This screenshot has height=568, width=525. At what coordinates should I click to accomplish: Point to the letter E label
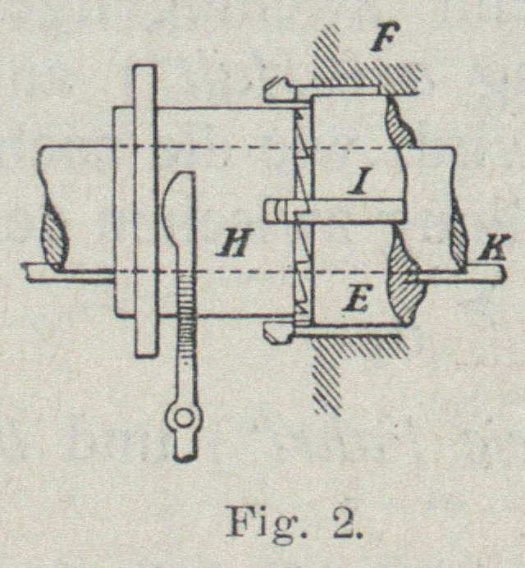[x=355, y=301]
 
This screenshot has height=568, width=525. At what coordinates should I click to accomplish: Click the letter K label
[x=494, y=245]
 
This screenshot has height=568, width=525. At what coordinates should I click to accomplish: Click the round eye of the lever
[x=183, y=420]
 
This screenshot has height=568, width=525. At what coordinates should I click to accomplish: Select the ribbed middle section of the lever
[x=187, y=328]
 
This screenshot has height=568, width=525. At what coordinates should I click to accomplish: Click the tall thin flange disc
[x=144, y=210]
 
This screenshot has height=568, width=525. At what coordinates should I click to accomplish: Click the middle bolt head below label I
[x=277, y=211]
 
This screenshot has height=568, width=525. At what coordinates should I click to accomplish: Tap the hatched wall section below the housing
[x=328, y=378]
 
